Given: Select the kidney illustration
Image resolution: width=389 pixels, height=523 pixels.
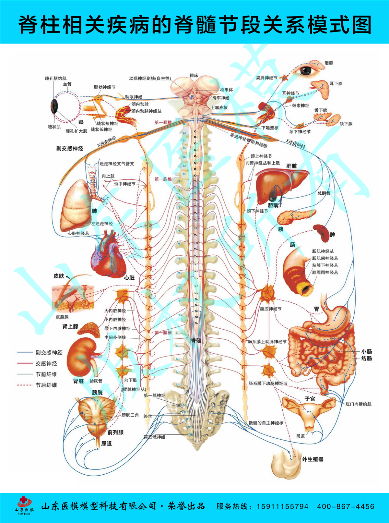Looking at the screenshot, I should click(83, 357).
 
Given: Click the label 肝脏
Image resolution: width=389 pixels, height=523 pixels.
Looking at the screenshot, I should click(291, 166).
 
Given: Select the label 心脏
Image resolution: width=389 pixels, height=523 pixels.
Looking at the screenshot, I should click(129, 278).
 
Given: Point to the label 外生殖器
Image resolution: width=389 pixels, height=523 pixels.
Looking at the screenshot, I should click(312, 459).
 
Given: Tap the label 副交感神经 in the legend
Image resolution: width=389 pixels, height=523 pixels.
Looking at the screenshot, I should click(49, 352).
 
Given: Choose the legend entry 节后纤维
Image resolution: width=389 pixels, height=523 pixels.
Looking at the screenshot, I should click(46, 385).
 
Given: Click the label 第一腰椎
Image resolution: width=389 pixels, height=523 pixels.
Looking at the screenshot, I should click(163, 333).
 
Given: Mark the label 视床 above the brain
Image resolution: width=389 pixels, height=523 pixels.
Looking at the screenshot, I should click(194, 75).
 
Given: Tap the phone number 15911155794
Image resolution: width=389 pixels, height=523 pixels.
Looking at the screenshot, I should click(282, 506).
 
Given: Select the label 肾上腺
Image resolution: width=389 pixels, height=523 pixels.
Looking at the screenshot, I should click(70, 326).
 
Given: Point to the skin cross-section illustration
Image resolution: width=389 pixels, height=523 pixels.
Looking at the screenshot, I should click(73, 297).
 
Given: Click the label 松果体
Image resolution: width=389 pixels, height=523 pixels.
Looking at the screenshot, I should click(226, 90).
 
